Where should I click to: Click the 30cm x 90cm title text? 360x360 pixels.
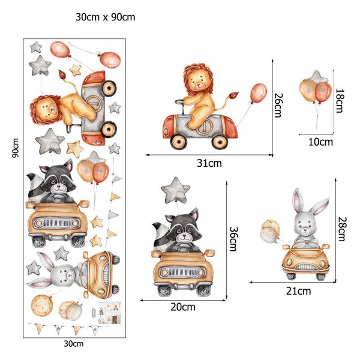tap(106, 17)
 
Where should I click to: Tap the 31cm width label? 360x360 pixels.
tap(209, 163)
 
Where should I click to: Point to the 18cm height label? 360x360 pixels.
tap(340, 101)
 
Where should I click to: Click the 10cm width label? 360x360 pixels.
tap(320, 142)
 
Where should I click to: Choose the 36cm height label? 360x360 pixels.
tap(234, 239)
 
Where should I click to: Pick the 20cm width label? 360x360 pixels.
tap(183, 307)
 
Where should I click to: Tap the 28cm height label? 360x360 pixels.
tap(342, 229)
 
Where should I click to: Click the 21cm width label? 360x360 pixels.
tap(299, 291)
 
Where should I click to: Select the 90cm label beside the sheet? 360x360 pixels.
tap(16, 148)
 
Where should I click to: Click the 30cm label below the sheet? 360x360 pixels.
tap(73, 344)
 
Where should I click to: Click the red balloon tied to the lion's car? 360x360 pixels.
tap(259, 94)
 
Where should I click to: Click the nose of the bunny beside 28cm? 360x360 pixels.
tap(305, 229)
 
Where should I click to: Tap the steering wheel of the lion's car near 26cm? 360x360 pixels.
tap(179, 101)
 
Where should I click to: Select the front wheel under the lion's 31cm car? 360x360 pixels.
tap(179, 141)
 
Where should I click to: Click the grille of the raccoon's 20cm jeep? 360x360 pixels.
tap(182, 272)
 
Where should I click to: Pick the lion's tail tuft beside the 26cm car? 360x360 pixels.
tap(235, 95)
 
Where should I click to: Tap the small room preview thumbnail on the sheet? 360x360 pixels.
tap(109, 313)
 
